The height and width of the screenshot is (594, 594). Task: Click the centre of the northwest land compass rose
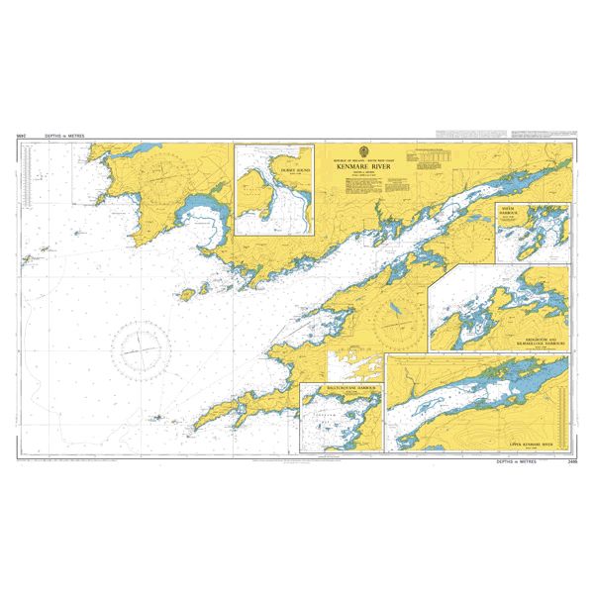pyautogui.click(x=165, y=180)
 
